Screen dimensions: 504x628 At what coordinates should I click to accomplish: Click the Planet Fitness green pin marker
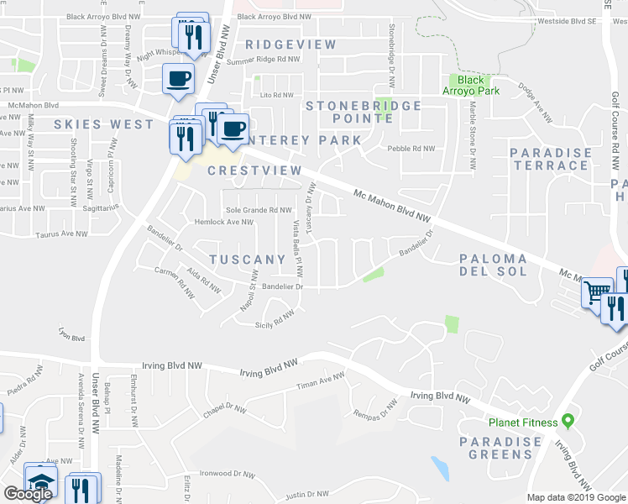(568, 420)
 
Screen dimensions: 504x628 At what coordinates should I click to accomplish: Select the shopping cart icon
(596, 293)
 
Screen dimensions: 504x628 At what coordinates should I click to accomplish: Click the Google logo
(28, 494)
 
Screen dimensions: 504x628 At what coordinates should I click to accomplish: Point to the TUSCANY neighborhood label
(247, 260)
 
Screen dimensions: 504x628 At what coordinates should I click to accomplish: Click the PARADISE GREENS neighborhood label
(500, 448)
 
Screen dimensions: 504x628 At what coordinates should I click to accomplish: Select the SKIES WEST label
(104, 124)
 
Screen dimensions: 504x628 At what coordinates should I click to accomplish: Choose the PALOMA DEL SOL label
(494, 265)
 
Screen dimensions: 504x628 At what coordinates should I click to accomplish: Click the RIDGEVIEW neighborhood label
(291, 45)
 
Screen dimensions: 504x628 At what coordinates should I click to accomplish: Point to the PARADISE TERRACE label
(550, 159)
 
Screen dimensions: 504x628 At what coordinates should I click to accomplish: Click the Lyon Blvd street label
(72, 338)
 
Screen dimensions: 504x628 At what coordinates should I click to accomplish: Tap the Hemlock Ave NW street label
(223, 223)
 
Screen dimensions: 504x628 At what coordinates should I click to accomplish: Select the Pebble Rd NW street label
(411, 149)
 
